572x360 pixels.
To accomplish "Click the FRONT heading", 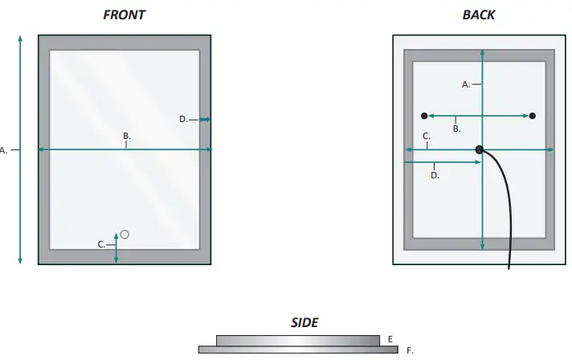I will [x=125, y=14].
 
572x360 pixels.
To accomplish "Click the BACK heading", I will [x=479, y=14].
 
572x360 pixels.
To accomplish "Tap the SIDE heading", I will [x=304, y=322].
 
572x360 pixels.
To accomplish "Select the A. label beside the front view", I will [x=4, y=149].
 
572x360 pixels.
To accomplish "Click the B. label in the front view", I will [x=127, y=136].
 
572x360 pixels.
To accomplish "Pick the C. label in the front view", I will [x=102, y=243].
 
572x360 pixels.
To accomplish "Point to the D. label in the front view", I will [x=183, y=119].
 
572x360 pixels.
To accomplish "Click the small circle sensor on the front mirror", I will [x=125, y=234].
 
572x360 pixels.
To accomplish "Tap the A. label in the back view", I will [x=466, y=84].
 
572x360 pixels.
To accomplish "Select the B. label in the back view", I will [x=456, y=128].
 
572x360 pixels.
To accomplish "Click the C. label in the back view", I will [x=427, y=137].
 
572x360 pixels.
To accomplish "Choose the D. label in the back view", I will [x=435, y=174].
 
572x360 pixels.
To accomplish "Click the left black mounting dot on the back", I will [x=424, y=116].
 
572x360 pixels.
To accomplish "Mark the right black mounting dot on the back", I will [x=533, y=116].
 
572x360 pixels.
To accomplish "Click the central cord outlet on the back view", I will [x=480, y=149].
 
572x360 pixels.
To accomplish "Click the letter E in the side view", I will [x=390, y=339].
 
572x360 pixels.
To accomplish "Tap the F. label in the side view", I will [x=410, y=350].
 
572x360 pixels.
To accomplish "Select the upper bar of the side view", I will [x=297, y=340].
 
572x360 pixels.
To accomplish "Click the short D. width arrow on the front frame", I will [x=205, y=120].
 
